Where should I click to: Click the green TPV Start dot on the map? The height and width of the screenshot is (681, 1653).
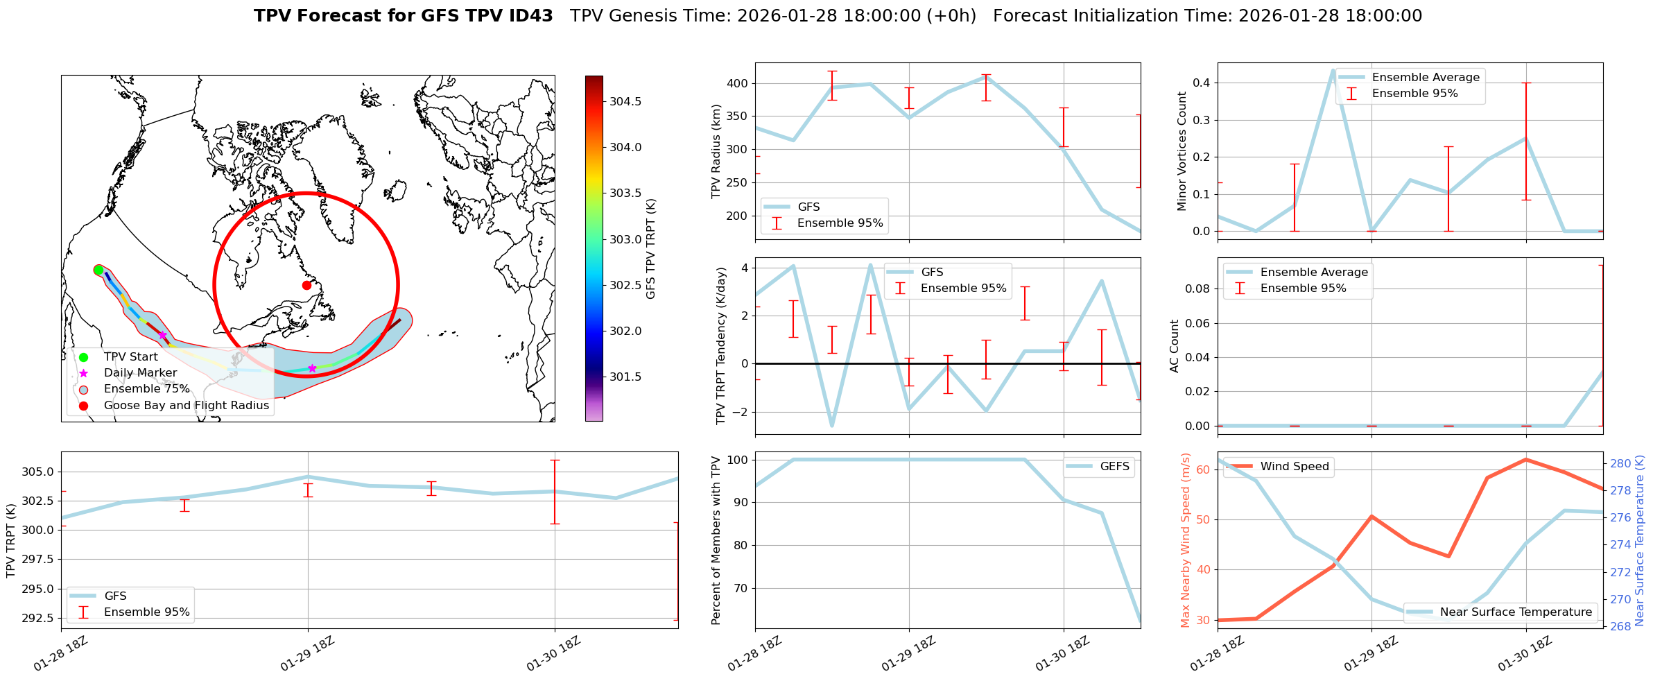(98, 270)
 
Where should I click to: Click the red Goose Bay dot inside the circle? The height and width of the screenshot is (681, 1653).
(306, 285)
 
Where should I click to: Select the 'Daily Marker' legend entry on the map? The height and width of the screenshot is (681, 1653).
(140, 373)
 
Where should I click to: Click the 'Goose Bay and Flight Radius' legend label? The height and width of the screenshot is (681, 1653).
(186, 406)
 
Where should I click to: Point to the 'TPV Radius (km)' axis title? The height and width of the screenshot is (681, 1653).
(716, 151)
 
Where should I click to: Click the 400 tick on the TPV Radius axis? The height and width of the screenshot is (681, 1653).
(737, 83)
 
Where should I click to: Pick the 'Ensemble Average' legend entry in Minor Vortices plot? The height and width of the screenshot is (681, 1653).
(1425, 78)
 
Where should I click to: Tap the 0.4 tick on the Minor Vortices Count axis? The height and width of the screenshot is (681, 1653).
(1201, 83)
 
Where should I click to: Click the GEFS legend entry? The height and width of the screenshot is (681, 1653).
(1114, 467)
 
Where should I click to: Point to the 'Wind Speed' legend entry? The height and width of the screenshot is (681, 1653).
(1294, 467)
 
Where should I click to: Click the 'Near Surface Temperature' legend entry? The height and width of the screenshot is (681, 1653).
(1515, 612)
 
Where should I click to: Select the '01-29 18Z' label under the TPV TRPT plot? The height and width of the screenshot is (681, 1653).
(308, 654)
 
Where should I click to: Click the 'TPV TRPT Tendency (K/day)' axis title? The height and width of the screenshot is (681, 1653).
(721, 345)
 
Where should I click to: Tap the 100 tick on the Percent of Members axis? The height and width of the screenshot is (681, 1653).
(737, 460)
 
